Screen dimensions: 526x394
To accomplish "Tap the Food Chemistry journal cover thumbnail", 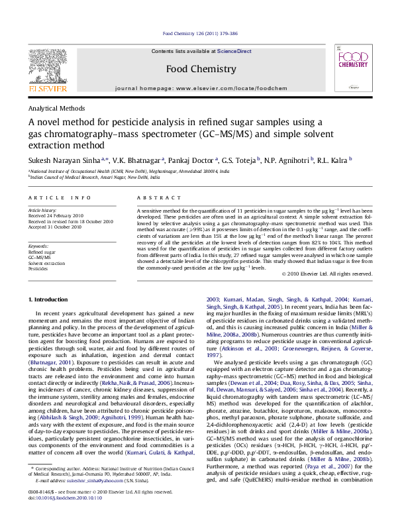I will pos(348,66).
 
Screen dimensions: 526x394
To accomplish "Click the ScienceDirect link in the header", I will pos(234,51).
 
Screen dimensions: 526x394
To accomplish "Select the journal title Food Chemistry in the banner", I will pos(201,69).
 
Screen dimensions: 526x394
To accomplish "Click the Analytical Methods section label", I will pos(56,107).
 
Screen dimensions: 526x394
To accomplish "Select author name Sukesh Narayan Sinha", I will pos(65,160).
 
